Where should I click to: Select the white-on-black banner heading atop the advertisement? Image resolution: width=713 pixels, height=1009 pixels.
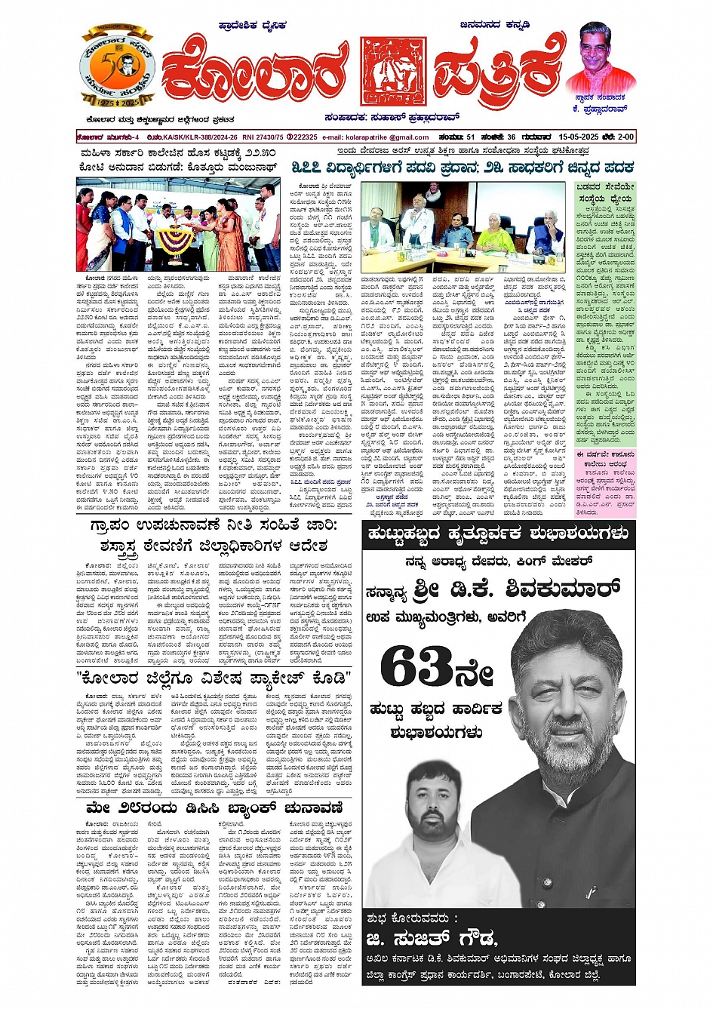pos(498,534)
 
